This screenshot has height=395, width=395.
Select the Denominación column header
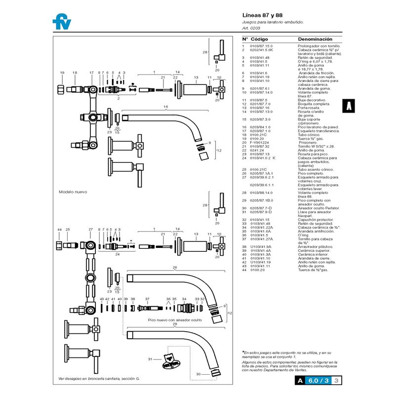pos(315,39)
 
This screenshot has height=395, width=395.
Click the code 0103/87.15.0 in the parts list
pos(261,46)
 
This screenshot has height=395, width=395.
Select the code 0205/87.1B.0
pos(262,200)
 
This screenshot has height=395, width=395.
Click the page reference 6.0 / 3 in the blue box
pos(318,381)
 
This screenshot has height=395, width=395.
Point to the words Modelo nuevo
pos(73,192)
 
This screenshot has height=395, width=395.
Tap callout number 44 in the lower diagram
pos(59,230)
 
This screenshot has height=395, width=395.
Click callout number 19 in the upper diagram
pos(62,73)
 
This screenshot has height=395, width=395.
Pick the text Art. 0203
pos(251,29)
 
